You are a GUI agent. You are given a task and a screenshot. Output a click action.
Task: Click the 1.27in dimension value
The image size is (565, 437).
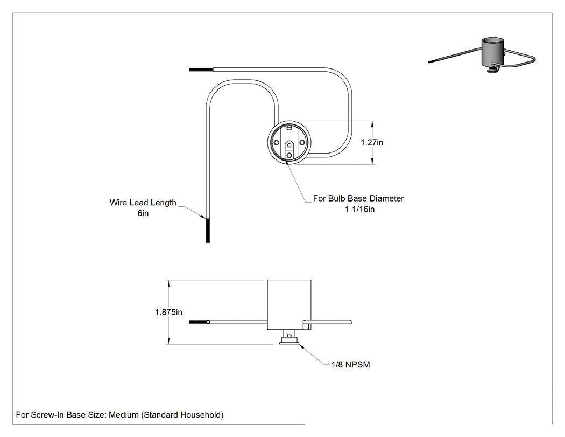pos(372,143)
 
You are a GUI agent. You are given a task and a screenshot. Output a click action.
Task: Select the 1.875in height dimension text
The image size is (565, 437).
pos(168,312)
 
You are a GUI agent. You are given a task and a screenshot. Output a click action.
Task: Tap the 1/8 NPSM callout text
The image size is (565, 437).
pos(351,365)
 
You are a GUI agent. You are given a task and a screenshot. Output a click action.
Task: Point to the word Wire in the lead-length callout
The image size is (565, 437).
pos(118,203)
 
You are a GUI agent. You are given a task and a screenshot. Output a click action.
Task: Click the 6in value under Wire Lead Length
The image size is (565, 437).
pos(143,213)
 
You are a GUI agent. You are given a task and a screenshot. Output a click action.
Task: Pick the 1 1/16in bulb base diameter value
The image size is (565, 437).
pos(359,209)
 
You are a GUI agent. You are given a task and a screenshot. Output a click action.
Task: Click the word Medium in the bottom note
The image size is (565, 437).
pos(124,415)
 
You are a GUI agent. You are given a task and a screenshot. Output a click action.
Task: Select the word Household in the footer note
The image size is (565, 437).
pos(201,415)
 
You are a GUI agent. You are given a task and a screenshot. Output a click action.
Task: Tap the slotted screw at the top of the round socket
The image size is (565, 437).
pos(289,127)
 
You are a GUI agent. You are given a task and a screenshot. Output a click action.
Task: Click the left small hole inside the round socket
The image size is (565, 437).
pos(277,143)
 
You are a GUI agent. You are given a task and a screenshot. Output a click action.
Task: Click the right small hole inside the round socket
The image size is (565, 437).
pos(302,143)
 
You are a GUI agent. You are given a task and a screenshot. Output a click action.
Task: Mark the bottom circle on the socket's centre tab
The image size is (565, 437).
pos(289,155)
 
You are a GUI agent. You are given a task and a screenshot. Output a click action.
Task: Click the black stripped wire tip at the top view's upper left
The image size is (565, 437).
pos(201,70)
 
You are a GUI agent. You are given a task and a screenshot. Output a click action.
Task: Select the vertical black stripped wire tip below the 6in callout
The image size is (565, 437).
pos(208,231)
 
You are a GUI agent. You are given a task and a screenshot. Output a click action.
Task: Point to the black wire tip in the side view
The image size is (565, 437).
pos(199,322)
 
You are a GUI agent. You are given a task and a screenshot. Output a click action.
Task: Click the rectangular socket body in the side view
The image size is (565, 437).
pos(289,304)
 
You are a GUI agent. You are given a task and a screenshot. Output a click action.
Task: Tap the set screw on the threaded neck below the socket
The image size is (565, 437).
pos(289,335)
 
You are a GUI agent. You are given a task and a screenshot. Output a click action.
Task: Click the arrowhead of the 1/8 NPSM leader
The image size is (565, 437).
pos(302,347)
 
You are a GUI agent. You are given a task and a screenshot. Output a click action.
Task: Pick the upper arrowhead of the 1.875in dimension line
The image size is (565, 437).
pos(168,283)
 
